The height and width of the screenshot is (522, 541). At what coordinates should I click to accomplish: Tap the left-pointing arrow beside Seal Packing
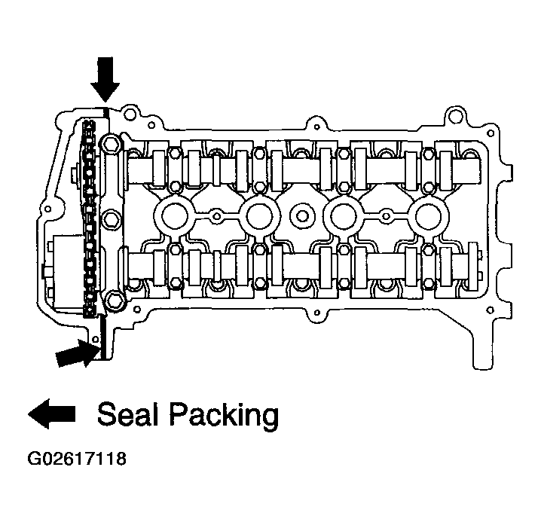click(52, 414)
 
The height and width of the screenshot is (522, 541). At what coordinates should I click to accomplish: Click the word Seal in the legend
click(129, 414)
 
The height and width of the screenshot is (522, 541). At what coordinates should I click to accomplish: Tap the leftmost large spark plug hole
click(174, 216)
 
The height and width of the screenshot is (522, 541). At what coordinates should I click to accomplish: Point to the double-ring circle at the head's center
click(302, 216)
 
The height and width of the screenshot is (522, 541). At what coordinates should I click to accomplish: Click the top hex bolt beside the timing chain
click(112, 142)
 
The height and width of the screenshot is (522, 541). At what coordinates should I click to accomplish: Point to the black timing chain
click(90, 218)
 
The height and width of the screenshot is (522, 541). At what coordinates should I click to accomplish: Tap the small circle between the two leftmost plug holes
click(217, 216)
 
